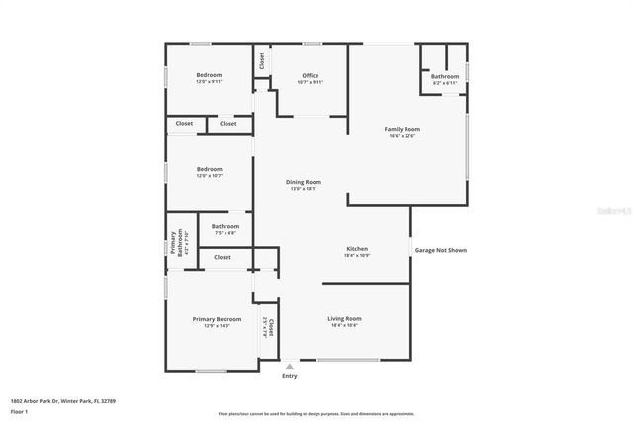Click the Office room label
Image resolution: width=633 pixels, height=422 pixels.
311,76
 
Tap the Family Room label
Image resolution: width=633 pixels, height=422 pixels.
403,129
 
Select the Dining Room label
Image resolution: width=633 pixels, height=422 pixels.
304,182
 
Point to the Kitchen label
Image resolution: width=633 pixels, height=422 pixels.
357,248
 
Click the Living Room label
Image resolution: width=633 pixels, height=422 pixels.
344,318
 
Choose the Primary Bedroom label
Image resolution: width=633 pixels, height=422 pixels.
217,318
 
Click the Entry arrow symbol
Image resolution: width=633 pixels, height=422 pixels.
289,366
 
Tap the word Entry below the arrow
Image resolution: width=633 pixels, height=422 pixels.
289,376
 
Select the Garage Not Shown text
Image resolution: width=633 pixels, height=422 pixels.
440,250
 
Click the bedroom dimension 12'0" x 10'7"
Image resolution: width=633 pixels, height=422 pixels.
209,176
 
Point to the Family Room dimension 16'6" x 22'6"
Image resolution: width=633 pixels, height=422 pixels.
403,136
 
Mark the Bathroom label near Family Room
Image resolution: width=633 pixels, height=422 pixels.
445,76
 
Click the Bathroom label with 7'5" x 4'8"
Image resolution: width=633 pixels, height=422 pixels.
225,227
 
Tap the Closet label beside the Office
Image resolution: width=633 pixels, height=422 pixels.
262,59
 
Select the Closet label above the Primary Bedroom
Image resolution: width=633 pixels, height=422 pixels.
223,257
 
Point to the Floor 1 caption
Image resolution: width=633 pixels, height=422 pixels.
19,411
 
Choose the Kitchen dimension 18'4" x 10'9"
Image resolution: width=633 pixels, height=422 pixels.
357,255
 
